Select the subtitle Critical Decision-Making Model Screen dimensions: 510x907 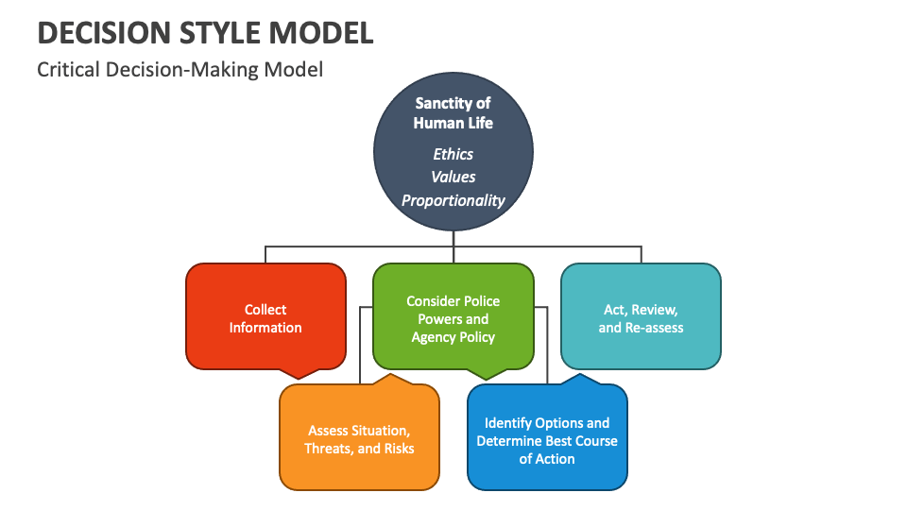180,70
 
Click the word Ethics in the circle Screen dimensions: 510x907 453,154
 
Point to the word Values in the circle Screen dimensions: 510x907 453,177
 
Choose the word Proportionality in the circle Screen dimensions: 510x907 453,200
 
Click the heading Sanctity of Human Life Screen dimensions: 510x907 453,113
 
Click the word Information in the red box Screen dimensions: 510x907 265,328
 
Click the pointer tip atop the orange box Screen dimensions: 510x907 388,375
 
